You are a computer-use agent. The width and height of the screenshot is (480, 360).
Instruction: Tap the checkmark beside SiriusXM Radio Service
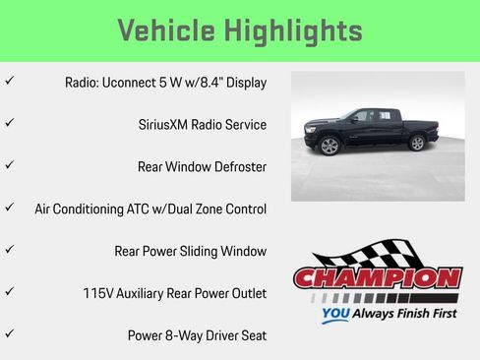pos(9,124)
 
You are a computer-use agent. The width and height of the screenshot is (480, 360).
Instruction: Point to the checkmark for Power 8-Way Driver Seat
pos(9,334)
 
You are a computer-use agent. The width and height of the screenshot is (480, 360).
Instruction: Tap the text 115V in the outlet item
pos(99,293)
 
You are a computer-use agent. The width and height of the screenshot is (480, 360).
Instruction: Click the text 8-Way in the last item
pos(187,335)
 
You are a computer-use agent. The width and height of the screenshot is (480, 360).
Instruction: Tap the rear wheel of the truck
pos(417,144)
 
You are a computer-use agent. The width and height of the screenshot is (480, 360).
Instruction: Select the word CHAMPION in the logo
pos(377,278)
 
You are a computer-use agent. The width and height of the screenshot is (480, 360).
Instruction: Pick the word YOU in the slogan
pos(335,316)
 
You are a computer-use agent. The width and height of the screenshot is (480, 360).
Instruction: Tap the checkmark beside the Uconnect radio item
pos(9,82)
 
